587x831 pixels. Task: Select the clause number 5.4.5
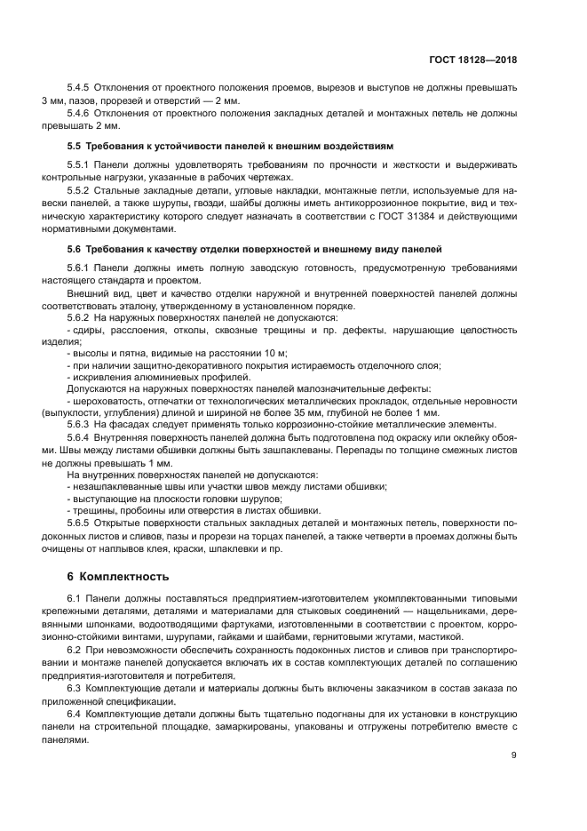(80, 88)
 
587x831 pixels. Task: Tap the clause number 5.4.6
(80, 113)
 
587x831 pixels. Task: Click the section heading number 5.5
(75, 145)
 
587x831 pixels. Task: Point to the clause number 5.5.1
(80, 165)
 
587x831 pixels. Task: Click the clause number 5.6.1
(80, 268)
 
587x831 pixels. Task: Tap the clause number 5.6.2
(80, 317)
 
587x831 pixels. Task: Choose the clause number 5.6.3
(80, 424)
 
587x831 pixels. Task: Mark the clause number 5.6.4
(80, 437)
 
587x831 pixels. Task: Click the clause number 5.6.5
(80, 523)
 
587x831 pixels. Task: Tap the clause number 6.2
(75, 651)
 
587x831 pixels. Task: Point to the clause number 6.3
(75, 688)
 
